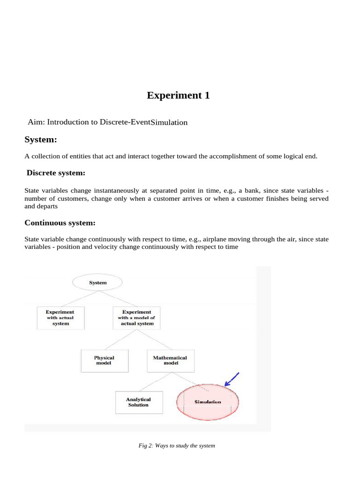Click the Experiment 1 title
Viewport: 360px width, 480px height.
tap(178, 96)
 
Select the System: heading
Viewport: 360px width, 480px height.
tap(41, 139)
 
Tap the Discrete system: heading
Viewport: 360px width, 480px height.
tap(56, 173)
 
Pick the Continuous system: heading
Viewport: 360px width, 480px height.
tap(60, 223)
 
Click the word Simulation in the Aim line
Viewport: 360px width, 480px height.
tap(169, 122)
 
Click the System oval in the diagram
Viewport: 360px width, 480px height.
tap(97, 283)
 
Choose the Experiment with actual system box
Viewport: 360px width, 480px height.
tap(60, 318)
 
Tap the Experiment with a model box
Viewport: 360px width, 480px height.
tap(137, 318)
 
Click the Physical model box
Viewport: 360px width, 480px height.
tap(104, 360)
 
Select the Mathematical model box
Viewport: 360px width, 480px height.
tap(170, 360)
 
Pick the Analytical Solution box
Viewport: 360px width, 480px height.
tap(138, 402)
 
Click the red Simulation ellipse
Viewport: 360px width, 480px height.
tap(208, 402)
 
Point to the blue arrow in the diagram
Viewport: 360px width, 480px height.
tap(232, 379)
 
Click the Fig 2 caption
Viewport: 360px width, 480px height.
tap(177, 445)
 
